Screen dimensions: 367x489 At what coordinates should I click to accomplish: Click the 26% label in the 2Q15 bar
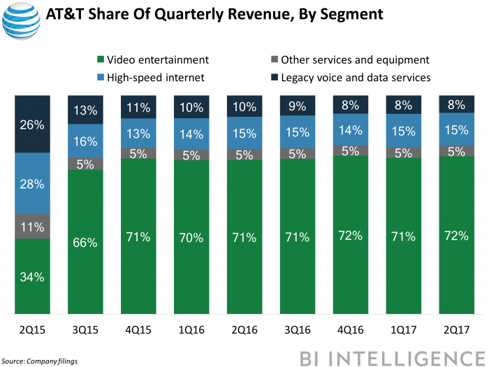point(33,126)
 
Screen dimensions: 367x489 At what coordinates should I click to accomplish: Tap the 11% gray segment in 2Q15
point(33,226)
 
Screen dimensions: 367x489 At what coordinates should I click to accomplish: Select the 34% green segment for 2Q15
point(33,277)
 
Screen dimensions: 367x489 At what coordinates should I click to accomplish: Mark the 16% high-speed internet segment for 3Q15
point(85,141)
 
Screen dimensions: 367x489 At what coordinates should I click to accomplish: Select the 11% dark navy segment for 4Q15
point(138,108)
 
